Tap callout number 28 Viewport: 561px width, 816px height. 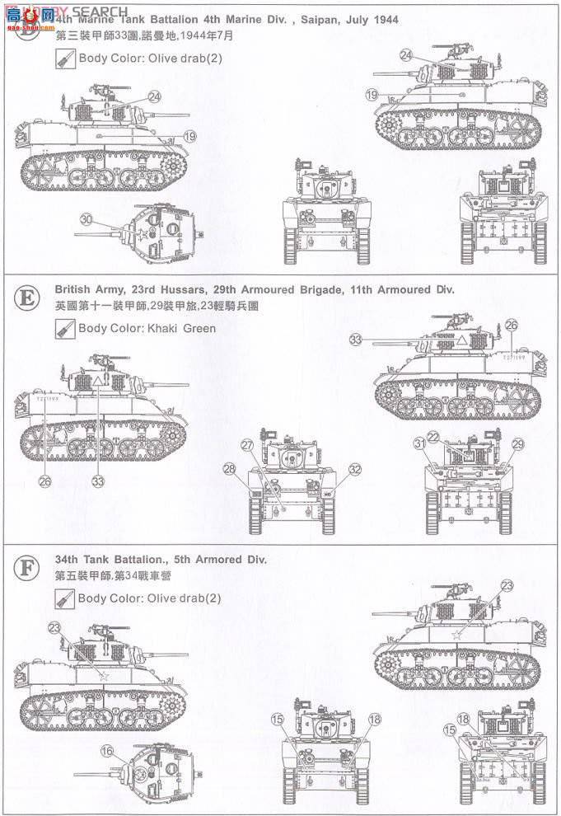(231, 468)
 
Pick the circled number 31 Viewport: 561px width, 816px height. (420, 443)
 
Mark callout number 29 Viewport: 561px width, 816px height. (518, 444)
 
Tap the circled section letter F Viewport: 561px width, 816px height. (27, 567)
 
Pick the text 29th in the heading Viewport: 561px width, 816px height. (237, 290)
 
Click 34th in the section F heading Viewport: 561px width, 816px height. (68, 560)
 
